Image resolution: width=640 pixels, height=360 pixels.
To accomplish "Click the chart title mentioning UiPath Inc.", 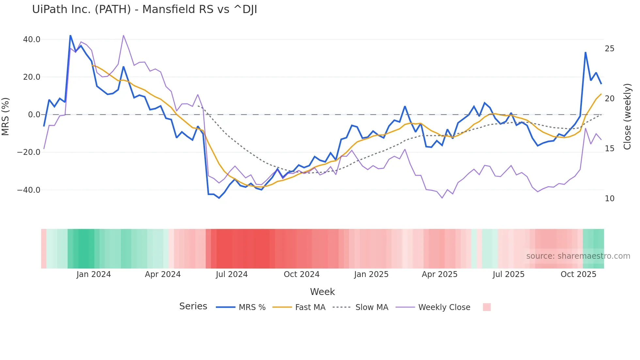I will tap(144, 9).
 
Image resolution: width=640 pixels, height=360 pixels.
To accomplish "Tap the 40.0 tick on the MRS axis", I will tap(32, 40).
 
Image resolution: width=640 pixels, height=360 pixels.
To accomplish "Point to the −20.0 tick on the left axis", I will tap(29, 152).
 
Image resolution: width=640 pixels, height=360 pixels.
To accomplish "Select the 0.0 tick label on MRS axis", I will tap(34, 115).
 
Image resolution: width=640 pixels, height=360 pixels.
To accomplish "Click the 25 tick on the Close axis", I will tap(609, 49).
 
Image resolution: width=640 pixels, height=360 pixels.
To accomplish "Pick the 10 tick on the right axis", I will tap(609, 199).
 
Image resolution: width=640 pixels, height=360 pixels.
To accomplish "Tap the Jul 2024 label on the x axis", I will tap(232, 274).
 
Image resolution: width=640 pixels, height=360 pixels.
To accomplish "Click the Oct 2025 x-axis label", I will tap(578, 274).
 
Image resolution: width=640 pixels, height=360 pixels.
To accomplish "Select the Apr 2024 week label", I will tap(163, 274).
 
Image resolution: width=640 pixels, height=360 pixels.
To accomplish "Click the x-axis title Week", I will tap(322, 292).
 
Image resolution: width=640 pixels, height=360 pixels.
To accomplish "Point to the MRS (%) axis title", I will tap(6, 117).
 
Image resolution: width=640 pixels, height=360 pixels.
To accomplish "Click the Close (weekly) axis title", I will tap(627, 117).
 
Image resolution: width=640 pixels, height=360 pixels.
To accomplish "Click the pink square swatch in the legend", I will tap(487, 307).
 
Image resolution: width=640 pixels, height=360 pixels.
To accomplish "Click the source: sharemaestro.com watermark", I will tap(578, 256).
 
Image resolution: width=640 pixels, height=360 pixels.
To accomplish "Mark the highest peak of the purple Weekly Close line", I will tap(123, 35).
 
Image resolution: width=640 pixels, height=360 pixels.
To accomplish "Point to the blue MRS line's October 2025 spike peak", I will tap(585, 53).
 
